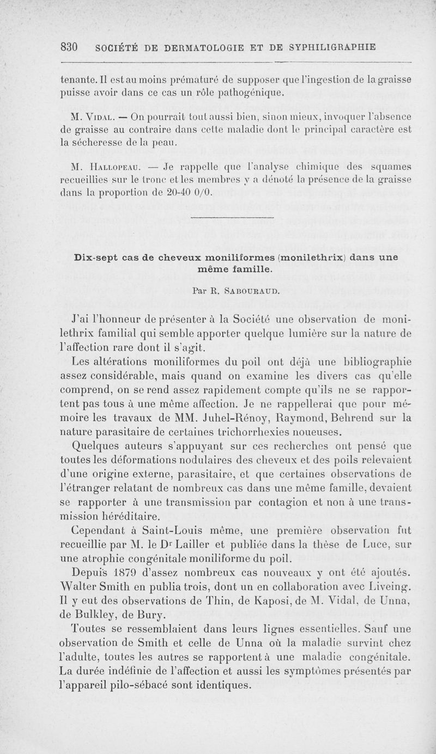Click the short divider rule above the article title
click(217, 219)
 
